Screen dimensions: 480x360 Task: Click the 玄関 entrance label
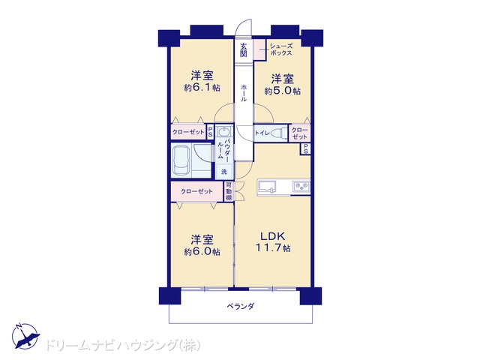[x=243, y=50]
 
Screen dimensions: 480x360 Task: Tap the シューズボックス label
[x=280, y=49]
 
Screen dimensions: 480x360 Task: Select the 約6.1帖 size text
[x=202, y=88]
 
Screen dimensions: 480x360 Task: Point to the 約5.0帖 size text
[x=283, y=91]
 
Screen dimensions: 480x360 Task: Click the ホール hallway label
[x=244, y=93]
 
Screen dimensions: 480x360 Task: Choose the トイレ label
[x=262, y=133]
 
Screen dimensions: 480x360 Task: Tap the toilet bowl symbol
[x=278, y=133]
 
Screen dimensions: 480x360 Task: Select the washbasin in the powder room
[x=224, y=132]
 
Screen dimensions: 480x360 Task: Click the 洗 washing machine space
[x=224, y=172]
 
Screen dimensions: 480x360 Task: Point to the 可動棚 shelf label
[x=229, y=191]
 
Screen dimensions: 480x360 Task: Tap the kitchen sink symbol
[x=267, y=187]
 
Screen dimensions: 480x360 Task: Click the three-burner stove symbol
[x=301, y=186]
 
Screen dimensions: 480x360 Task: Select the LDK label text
[x=273, y=236]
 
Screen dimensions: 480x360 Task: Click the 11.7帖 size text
[x=273, y=247]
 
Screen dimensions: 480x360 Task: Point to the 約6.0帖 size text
[x=202, y=252]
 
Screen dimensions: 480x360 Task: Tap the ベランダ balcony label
[x=241, y=306]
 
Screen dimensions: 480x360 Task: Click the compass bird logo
[x=25, y=336]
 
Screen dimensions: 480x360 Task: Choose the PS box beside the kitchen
[x=305, y=149]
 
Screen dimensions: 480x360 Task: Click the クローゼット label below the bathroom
[x=196, y=192]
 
